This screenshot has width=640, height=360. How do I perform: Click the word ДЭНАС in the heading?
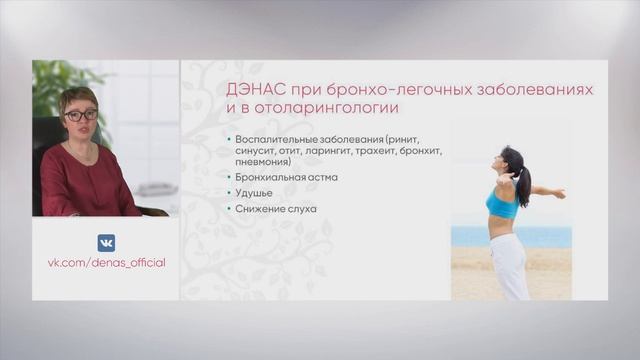point(255,90)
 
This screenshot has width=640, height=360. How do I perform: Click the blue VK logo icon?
point(106,242)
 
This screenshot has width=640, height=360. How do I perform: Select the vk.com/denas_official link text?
point(106,262)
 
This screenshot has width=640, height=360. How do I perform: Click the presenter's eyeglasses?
point(80,115)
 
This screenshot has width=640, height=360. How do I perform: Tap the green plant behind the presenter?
point(50,85)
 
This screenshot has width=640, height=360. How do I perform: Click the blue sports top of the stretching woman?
point(502,204)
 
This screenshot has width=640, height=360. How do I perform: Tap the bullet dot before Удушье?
point(229,194)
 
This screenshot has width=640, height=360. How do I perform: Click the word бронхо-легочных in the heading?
point(381,90)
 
